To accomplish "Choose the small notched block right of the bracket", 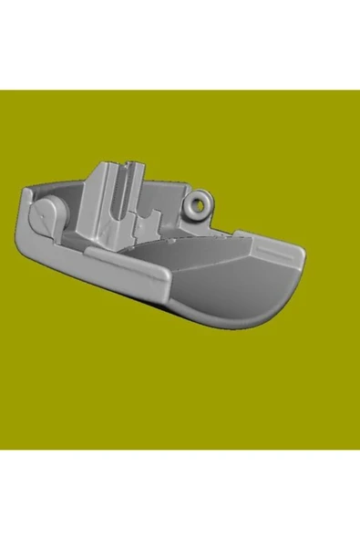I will pyautogui.click(x=146, y=219).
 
